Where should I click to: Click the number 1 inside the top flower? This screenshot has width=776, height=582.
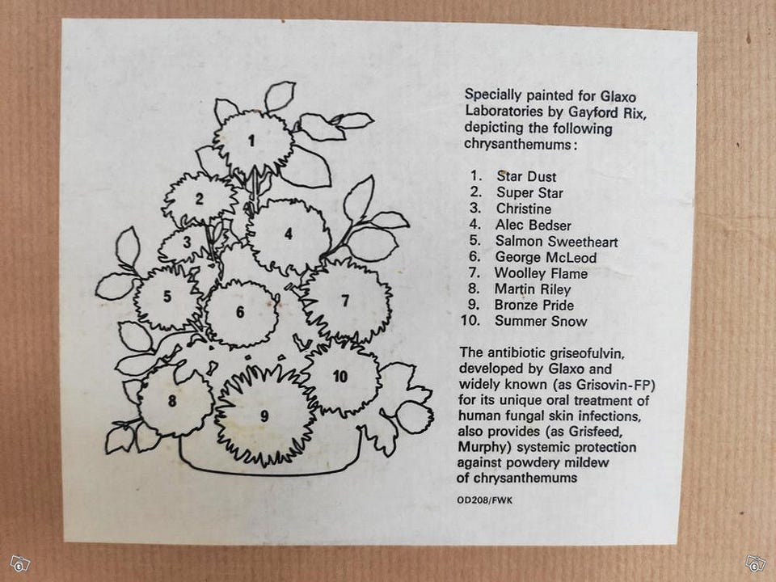[x=251, y=141]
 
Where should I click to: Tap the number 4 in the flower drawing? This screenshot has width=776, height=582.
[x=289, y=234]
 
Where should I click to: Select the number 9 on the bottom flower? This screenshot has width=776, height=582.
[x=265, y=416]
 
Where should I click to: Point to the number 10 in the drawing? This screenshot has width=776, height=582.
[x=340, y=377]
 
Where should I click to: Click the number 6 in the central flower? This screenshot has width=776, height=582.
[x=240, y=312]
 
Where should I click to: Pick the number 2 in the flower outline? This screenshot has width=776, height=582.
[x=199, y=199]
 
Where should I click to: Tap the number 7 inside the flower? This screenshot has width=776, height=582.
[x=345, y=301]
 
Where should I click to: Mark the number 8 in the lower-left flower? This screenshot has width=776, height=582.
[x=171, y=400]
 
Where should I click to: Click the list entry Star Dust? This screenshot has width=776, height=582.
[x=526, y=177]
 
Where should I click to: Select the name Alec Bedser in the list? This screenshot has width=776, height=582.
[x=533, y=226]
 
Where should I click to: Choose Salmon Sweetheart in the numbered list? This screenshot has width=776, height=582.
[x=556, y=242]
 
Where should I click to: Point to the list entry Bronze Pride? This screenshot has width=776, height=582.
[x=534, y=306]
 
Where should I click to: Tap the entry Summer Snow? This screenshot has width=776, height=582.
[x=541, y=321]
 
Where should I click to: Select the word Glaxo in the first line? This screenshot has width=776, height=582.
[x=618, y=96]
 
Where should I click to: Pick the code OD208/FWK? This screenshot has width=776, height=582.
[x=485, y=500]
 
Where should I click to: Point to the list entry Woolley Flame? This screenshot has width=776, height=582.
[x=541, y=273]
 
